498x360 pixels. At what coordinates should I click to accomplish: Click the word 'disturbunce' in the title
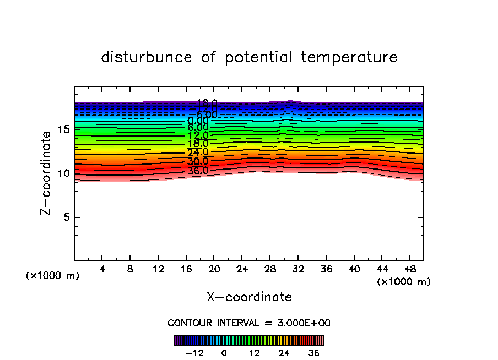tap(147, 57)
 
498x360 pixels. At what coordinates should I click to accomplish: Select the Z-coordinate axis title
tap(47, 173)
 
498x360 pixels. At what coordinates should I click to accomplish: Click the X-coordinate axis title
tap(249, 297)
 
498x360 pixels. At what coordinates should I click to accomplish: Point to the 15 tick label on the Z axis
tap(62, 129)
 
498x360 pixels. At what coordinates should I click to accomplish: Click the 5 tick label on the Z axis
tap(66, 217)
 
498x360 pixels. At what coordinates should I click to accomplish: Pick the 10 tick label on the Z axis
tap(62, 173)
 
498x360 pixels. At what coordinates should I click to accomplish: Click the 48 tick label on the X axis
tap(409, 270)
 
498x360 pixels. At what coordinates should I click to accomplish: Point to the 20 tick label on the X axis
tap(214, 270)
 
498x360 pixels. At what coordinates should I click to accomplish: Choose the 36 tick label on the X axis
tap(326, 270)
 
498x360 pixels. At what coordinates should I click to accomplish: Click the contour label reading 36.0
tap(198, 171)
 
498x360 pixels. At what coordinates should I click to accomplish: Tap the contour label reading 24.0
tap(198, 152)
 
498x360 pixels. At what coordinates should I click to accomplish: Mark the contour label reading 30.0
tap(198, 162)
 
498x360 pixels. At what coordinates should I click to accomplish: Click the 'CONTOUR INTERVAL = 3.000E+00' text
tap(249, 323)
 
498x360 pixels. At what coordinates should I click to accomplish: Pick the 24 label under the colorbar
tap(284, 353)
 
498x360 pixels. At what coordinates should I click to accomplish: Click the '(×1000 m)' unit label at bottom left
tap(53, 276)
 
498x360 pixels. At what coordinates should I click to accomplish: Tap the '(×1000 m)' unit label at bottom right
tap(404, 282)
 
